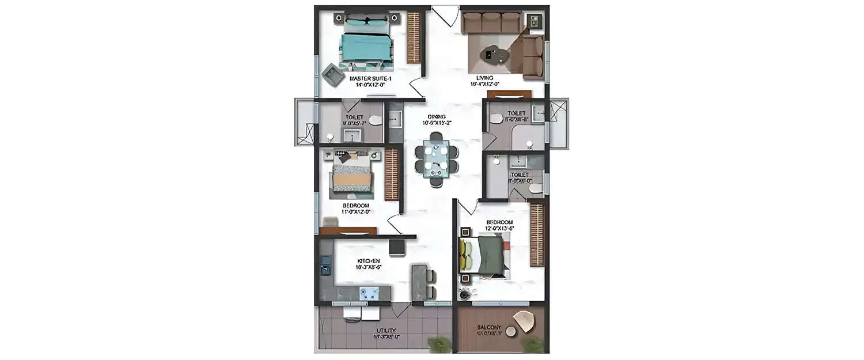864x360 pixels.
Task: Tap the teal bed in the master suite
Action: click(x=366, y=46)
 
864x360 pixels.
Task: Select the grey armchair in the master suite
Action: click(x=332, y=73)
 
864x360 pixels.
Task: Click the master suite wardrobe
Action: click(x=414, y=38)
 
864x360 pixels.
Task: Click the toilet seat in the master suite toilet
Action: click(x=375, y=120)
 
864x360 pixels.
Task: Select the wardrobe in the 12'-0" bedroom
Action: click(x=537, y=234)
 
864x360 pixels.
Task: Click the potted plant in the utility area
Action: click(x=439, y=344)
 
